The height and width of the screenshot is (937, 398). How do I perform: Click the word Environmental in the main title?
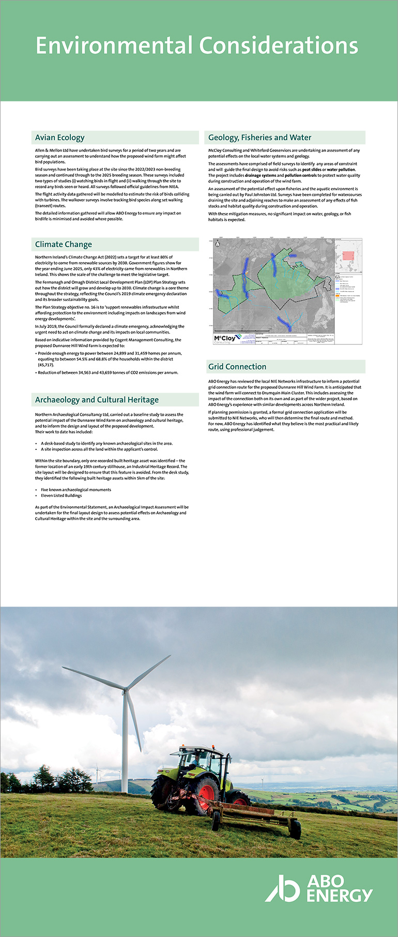pos(115,46)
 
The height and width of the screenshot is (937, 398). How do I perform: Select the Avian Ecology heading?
pos(59,138)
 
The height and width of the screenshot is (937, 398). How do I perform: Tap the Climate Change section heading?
pos(64,245)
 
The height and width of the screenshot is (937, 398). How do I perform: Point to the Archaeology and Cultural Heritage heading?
pos(97,400)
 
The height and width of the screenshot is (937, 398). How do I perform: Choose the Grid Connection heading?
pos(237,367)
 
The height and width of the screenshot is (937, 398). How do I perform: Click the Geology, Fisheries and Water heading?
pos(259,138)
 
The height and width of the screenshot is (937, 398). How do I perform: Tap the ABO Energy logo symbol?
pos(283,888)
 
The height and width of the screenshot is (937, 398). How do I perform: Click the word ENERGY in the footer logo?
pos(339,896)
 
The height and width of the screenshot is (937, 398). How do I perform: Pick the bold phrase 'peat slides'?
pos(312,170)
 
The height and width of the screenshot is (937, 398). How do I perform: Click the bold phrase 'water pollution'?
pos(341,170)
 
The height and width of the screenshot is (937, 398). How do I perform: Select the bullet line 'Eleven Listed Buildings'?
pos(62,495)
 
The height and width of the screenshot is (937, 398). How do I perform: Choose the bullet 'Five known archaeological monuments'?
pos(76,490)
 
